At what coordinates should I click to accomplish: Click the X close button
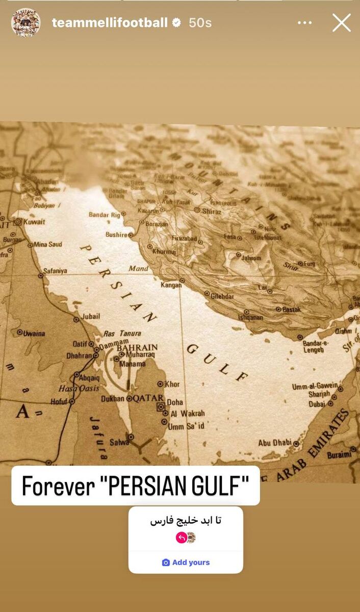(342, 23)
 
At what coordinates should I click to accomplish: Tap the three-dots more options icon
(305, 23)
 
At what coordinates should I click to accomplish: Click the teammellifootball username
(110, 23)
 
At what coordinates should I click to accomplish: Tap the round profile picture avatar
(25, 23)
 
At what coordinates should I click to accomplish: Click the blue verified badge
(176, 23)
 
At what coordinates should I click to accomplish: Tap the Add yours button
(186, 563)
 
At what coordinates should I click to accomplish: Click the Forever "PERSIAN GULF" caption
(135, 486)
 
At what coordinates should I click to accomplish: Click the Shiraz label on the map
(211, 211)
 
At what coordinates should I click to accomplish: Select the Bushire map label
(116, 235)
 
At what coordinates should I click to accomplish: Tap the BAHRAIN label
(137, 347)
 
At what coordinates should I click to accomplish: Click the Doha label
(175, 402)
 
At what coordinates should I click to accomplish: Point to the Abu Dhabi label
(275, 443)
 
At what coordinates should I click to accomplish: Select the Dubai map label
(317, 404)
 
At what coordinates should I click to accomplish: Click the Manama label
(133, 364)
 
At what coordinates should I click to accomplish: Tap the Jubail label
(91, 316)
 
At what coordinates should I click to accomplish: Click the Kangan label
(171, 285)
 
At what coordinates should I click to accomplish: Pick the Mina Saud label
(48, 244)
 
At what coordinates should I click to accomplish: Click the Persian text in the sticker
(186, 521)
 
